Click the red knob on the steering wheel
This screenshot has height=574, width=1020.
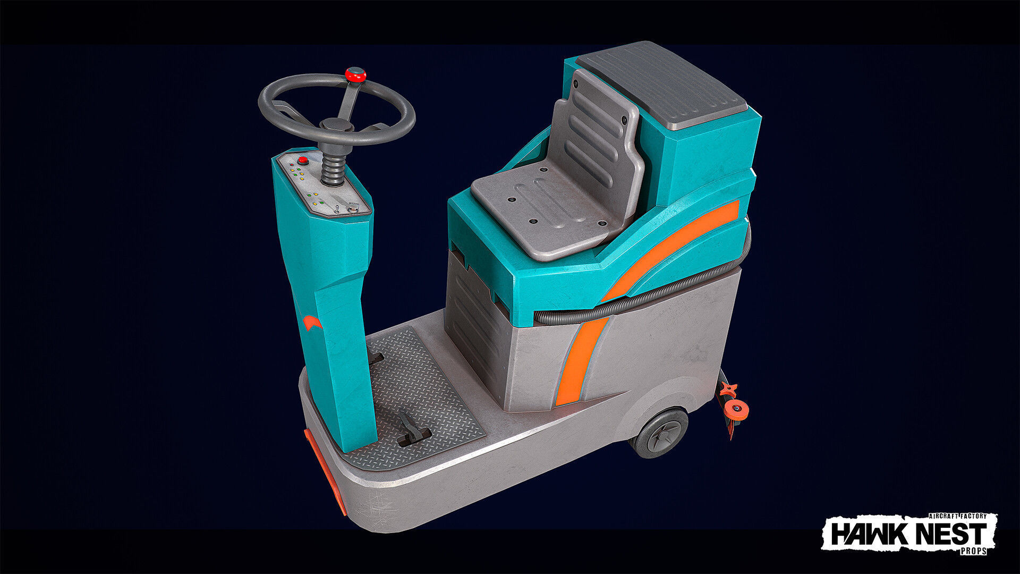point(355,74)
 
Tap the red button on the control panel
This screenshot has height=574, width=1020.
point(303,160)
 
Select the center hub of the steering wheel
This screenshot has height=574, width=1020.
point(336,125)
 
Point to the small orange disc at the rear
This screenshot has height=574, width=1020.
point(736,409)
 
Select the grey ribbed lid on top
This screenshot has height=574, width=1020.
point(661,85)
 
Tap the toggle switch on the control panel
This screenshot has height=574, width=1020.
point(336,208)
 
